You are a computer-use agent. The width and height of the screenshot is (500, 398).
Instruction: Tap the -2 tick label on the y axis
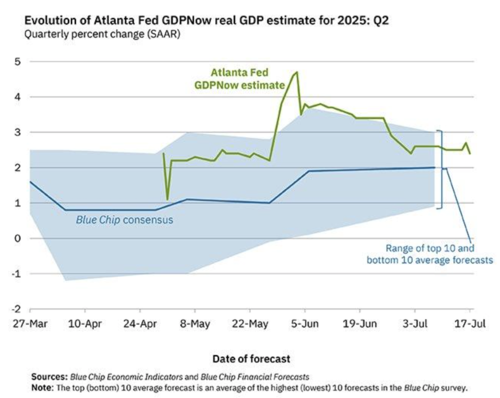18,310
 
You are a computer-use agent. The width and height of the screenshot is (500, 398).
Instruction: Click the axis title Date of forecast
251,359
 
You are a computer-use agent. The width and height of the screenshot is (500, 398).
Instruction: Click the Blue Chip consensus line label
125,220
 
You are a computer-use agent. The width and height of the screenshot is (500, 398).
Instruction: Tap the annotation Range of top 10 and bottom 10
430,253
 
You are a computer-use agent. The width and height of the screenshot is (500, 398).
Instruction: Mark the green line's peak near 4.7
297,72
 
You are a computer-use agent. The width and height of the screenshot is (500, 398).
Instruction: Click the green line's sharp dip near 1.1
167,199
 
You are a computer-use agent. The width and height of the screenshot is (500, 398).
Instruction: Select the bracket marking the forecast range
440,169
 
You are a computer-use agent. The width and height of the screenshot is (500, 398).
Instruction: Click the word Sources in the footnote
49,377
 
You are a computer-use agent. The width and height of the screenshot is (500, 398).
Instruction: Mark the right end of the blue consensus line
434,168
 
